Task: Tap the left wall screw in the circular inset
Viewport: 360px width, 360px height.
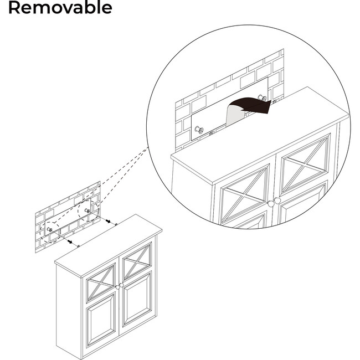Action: tap(199, 130)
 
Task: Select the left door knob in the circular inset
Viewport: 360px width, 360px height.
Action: tap(270, 203)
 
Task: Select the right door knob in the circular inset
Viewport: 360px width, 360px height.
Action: tap(277, 200)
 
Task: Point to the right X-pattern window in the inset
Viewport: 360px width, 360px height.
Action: tap(305, 164)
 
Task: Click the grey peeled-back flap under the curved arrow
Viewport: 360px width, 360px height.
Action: tap(235, 115)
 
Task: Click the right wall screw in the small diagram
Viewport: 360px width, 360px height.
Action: tap(87, 211)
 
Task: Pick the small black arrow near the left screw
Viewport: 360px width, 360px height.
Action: tap(69, 242)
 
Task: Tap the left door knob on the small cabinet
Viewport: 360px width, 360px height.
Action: tap(117, 287)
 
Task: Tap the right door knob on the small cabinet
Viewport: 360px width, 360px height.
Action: tap(122, 285)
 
